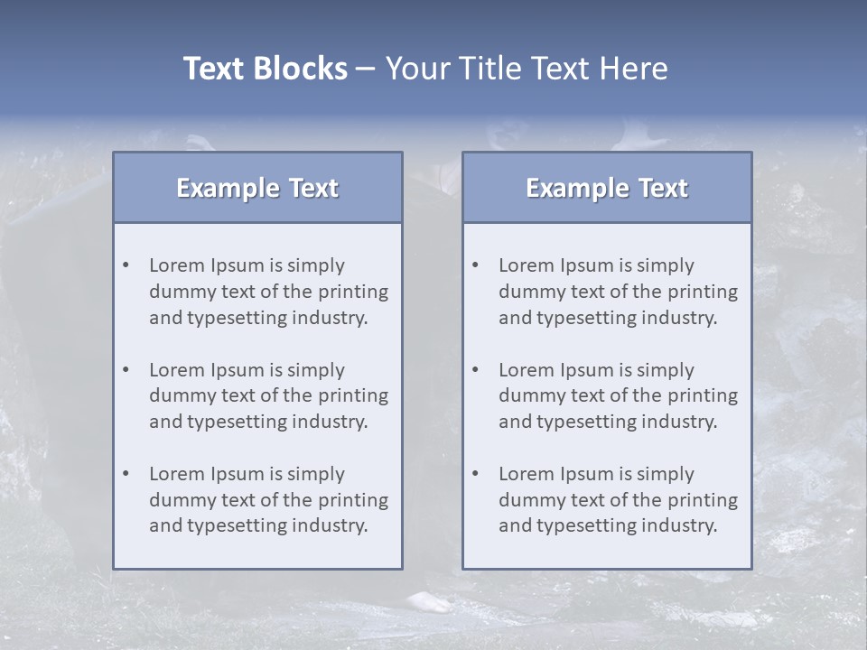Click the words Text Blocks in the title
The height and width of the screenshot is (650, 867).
265,69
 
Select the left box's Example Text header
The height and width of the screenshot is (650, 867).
257,188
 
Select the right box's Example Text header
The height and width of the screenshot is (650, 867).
607,188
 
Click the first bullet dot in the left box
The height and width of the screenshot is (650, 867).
126,265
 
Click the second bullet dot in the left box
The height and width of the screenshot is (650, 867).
126,370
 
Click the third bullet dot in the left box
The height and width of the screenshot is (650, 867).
126,474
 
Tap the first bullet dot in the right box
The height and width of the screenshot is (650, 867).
476,265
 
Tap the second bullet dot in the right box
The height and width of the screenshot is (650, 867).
476,370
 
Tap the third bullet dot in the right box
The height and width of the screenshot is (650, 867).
476,474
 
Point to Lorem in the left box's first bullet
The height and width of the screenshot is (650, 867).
177,265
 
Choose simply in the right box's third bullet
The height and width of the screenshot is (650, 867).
665,474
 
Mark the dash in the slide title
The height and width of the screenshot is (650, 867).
366,70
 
